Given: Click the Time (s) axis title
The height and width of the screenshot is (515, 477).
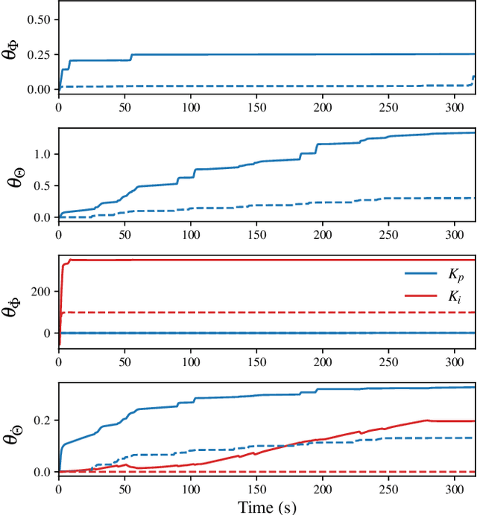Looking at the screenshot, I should point(267,507).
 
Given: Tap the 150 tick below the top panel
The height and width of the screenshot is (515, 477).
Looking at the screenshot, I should point(256,106).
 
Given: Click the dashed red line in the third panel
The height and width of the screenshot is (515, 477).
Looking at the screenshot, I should point(261,313).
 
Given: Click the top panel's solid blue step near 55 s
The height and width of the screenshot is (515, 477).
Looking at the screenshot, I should point(131,57).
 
